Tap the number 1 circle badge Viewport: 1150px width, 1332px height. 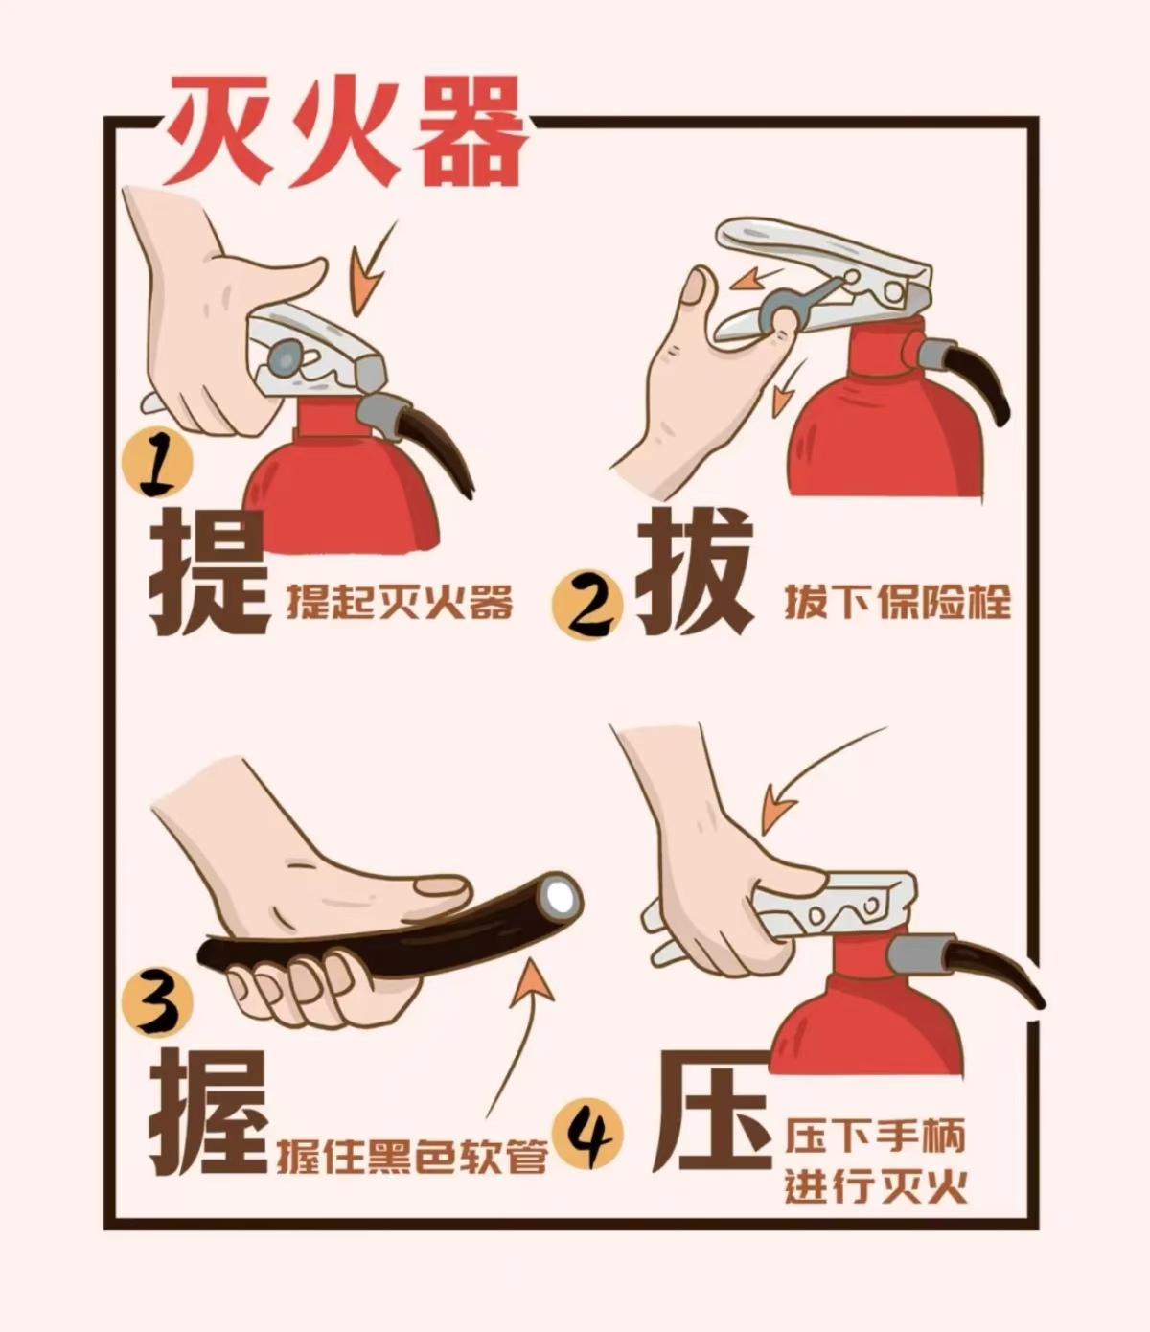[x=156, y=465]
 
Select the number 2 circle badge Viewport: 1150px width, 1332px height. [x=586, y=603]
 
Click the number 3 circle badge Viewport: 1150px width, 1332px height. [x=156, y=1002]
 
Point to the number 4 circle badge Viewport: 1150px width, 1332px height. [x=587, y=1135]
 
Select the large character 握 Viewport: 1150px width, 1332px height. [x=209, y=1114]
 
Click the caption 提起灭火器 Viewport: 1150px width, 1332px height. [x=400, y=603]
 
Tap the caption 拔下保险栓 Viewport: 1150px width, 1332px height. [x=898, y=603]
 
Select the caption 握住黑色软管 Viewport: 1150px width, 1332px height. [x=412, y=1156]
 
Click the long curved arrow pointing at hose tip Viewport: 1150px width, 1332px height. [x=513, y=1035]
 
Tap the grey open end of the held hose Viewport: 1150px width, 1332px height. [x=559, y=896]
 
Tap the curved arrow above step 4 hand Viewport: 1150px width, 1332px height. [x=815, y=776]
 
